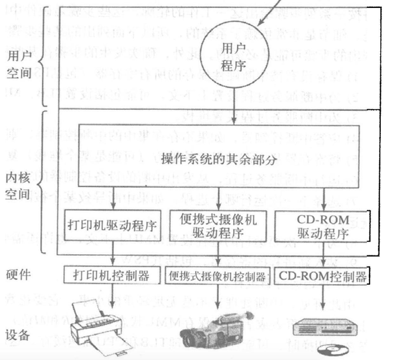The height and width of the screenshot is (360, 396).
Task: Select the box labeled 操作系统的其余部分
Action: coord(221,157)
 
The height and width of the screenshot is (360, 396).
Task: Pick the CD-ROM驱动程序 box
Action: coord(322,225)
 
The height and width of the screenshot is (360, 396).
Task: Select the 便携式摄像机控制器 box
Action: coord(218,277)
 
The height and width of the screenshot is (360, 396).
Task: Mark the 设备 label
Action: coord(18,335)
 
